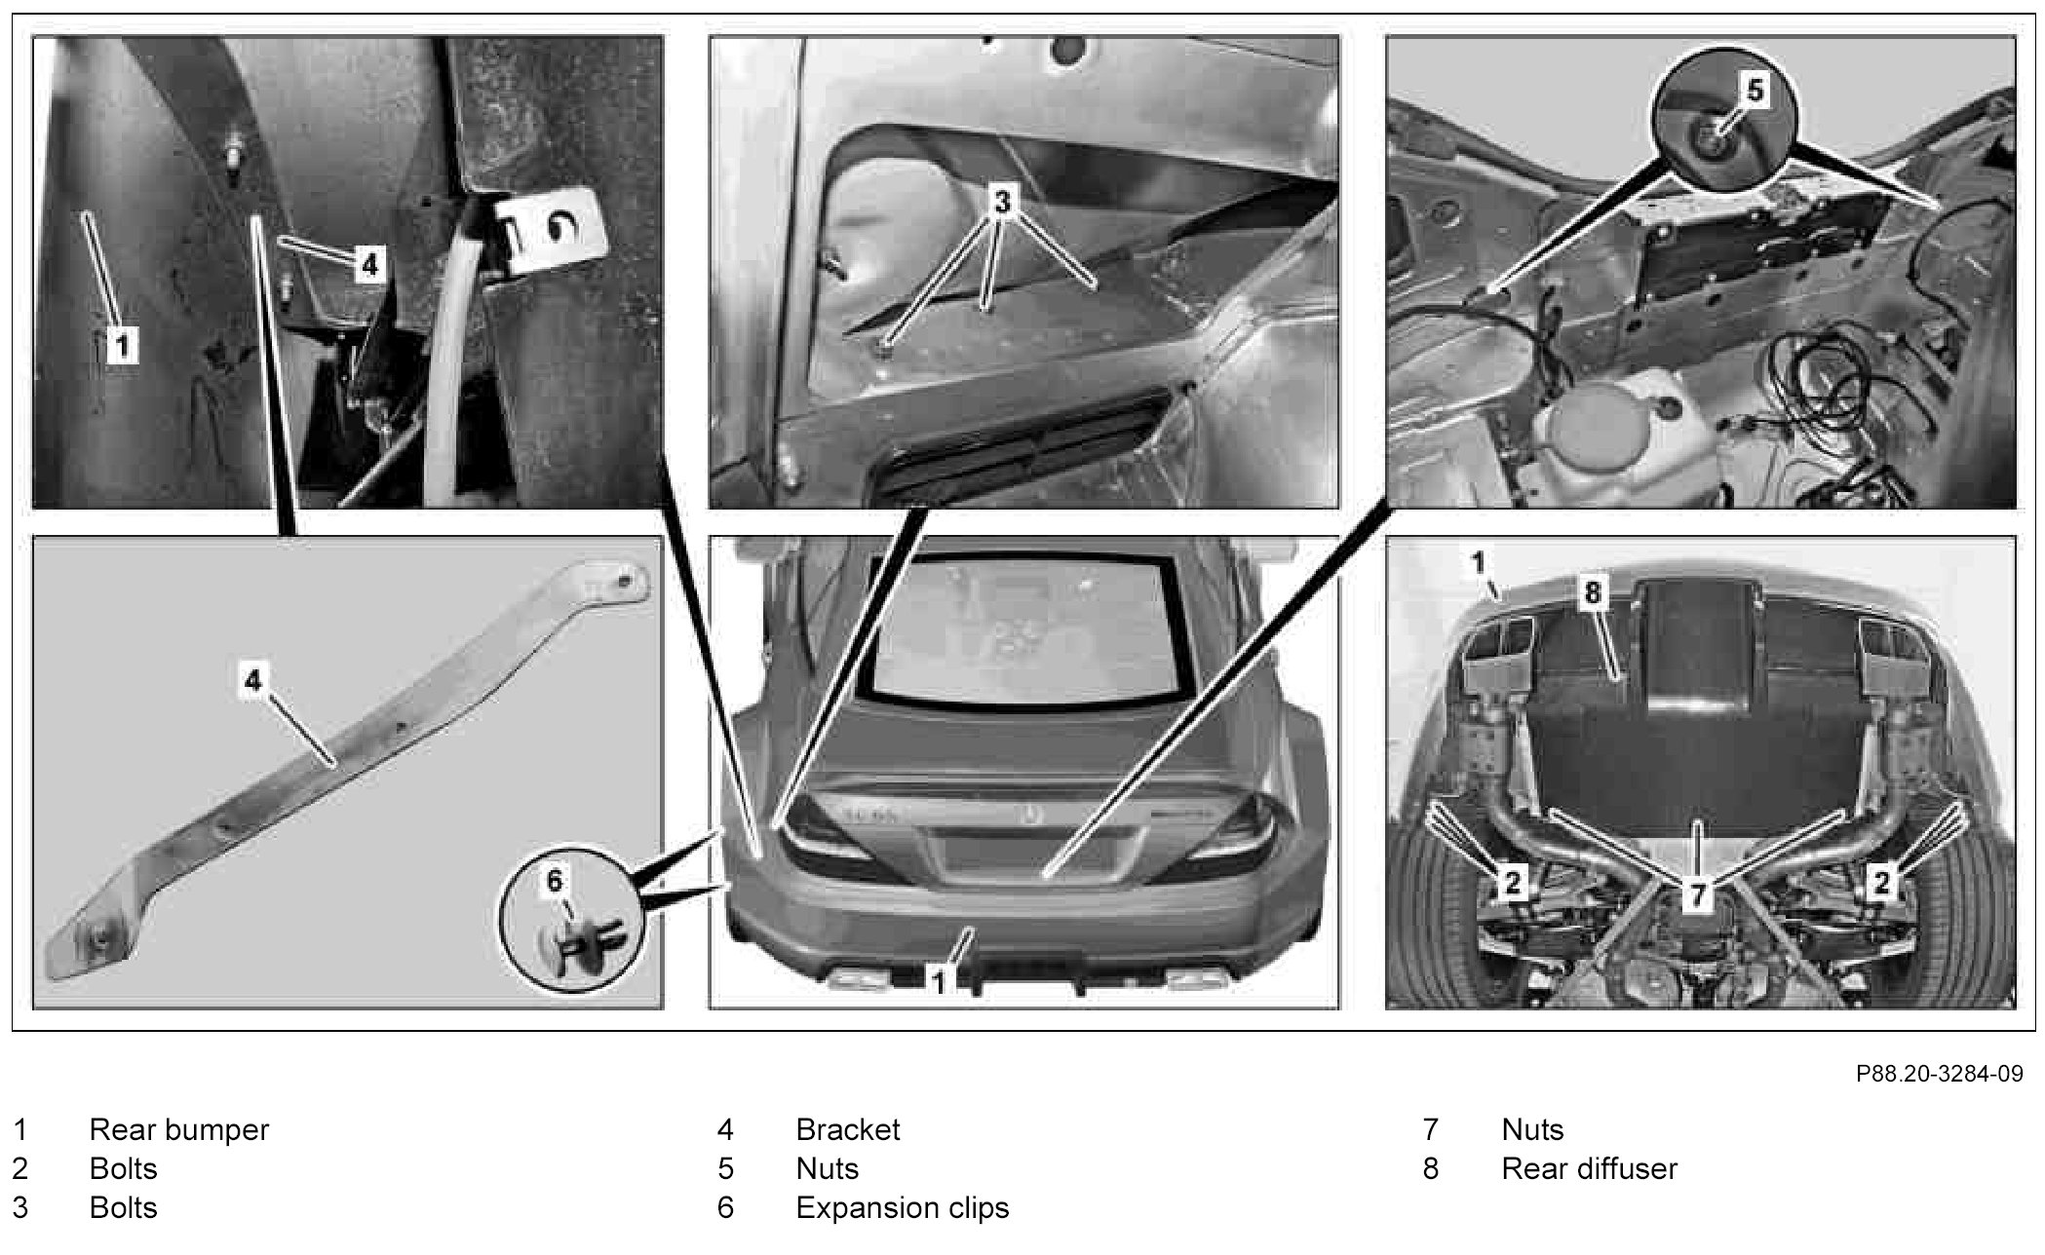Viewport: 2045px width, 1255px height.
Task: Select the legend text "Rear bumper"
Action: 178,1129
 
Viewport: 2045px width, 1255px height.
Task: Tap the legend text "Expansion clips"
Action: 902,1207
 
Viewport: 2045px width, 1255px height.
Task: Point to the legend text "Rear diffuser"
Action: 1589,1168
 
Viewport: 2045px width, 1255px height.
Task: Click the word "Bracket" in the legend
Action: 847,1129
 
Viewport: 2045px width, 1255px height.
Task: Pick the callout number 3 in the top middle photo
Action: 1002,202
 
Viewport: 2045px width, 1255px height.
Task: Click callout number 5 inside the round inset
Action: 1755,91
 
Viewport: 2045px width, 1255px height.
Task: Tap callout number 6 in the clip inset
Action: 555,881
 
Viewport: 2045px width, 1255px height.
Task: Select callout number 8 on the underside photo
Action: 1592,593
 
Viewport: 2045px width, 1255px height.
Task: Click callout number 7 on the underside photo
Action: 1697,894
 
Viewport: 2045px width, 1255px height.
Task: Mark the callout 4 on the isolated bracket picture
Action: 253,679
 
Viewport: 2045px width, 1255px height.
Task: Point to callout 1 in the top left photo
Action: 122,344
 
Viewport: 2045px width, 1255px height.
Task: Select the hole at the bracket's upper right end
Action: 625,583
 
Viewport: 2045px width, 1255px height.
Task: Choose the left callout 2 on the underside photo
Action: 1512,883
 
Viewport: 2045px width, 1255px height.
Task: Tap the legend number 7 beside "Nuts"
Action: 1430,1129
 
